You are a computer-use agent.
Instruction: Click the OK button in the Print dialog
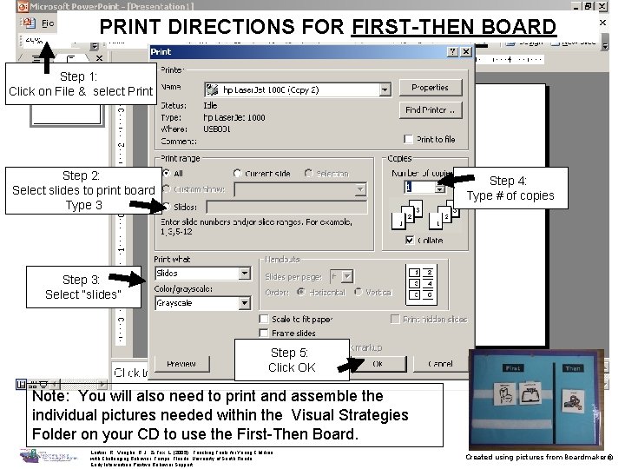click(x=377, y=363)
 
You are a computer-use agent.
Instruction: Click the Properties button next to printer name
click(x=430, y=88)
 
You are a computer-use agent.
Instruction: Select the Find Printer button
click(x=430, y=110)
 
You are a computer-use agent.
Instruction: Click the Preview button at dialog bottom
click(x=181, y=363)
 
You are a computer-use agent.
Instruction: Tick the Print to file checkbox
click(x=410, y=139)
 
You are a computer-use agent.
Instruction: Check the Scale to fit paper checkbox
click(x=265, y=320)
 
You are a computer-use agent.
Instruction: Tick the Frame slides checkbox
click(x=265, y=334)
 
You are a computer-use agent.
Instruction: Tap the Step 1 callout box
click(x=81, y=84)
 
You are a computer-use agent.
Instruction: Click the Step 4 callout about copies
click(x=509, y=188)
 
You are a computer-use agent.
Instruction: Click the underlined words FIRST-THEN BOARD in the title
click(x=454, y=27)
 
